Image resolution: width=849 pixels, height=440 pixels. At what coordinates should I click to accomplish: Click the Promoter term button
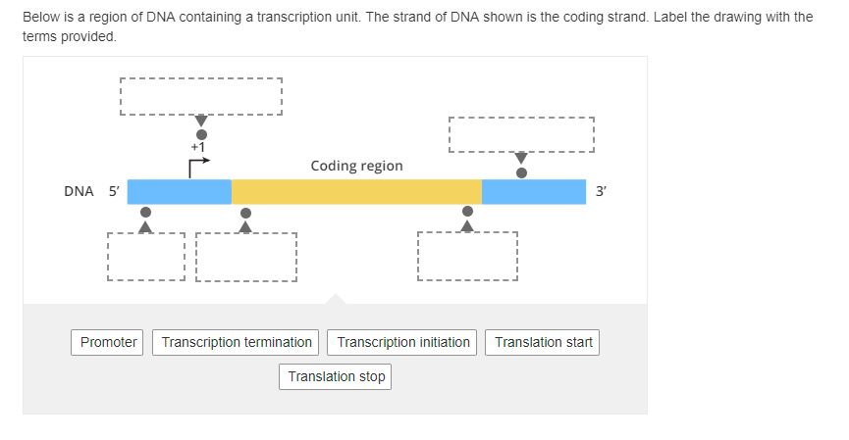(108, 342)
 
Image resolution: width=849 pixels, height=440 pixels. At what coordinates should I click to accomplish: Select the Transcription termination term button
(237, 342)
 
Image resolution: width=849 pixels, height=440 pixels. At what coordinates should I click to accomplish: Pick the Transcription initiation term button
(402, 342)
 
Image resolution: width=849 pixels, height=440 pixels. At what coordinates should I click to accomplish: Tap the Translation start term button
(543, 342)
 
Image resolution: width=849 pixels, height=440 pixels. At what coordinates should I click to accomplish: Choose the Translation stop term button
(336, 376)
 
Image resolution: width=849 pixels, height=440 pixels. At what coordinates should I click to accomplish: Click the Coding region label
(356, 166)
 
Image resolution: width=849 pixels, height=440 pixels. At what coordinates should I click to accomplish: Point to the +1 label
(197, 147)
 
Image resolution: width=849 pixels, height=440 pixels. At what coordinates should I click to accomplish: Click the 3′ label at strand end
(601, 192)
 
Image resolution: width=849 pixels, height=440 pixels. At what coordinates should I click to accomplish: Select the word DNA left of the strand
(79, 192)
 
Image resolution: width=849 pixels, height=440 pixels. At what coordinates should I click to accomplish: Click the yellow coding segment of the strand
(356, 192)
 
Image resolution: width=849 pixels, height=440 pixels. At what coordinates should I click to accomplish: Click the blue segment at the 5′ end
(179, 192)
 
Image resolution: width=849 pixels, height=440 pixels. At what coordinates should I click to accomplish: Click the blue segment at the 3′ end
(533, 192)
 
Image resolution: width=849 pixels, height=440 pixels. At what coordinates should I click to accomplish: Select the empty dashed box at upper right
(521, 134)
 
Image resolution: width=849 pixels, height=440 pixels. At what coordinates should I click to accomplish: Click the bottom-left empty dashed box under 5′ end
(145, 257)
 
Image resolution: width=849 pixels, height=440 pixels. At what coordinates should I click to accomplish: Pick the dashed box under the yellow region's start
(246, 257)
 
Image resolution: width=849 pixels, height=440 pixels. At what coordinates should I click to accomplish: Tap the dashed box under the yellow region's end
(467, 257)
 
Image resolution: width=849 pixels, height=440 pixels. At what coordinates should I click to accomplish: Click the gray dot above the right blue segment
(521, 172)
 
